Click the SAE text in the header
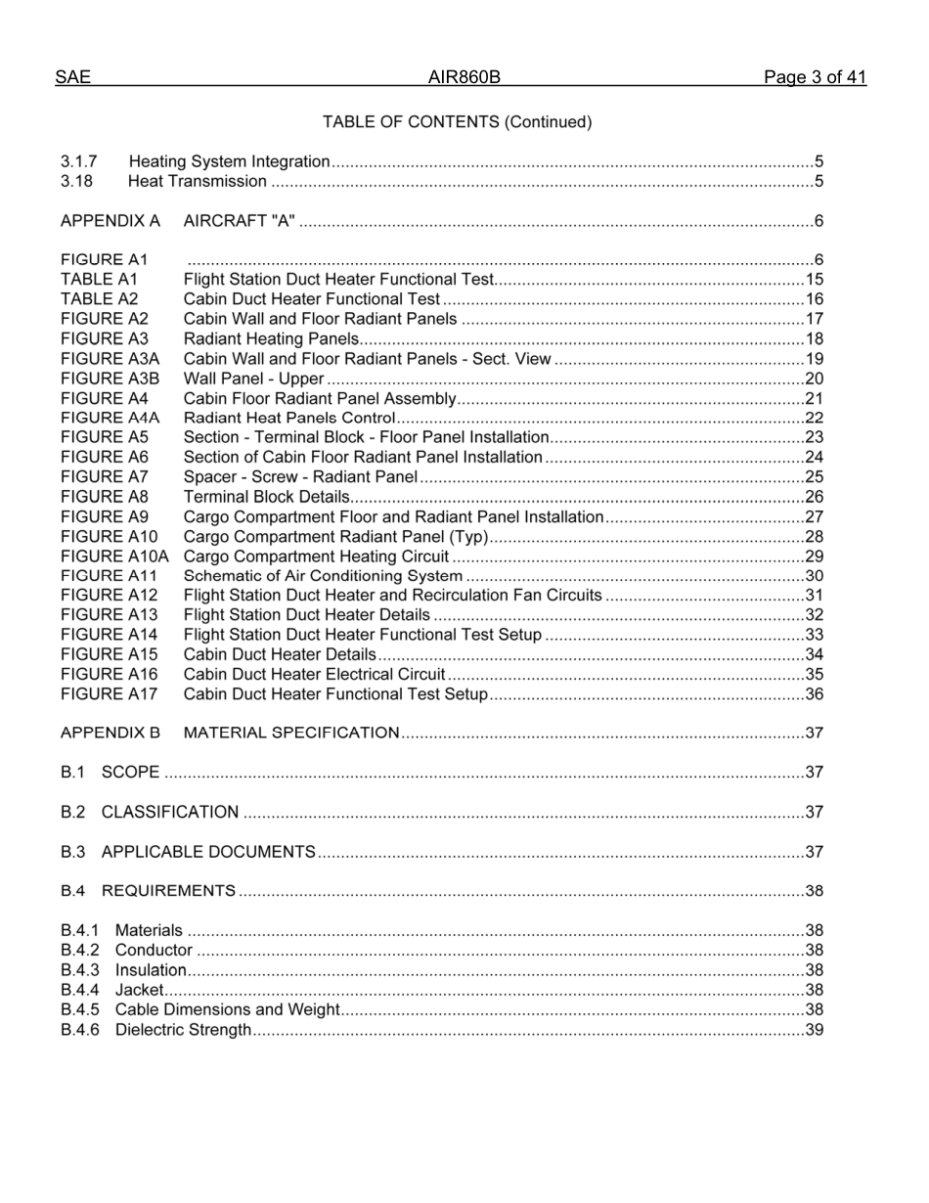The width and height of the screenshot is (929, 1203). coord(72,77)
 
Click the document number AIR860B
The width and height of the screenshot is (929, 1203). coord(464,77)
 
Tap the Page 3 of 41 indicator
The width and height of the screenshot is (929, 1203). coord(815,77)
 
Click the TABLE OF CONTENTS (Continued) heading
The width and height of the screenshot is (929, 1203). coord(457,122)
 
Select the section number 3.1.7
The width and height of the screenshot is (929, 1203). coord(78,161)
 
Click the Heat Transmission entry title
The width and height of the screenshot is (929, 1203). coord(197,181)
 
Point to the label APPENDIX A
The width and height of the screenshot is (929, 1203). coord(110,221)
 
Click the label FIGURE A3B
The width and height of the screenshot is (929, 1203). coord(110,379)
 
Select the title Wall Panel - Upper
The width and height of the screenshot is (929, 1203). coord(253,379)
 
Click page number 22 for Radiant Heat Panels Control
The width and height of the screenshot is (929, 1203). coord(814,418)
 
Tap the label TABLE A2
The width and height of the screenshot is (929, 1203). coord(99,299)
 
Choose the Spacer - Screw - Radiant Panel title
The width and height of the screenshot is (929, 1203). coord(300,477)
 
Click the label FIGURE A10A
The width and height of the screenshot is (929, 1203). coord(114,557)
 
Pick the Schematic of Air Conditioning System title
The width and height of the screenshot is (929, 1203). coord(323,576)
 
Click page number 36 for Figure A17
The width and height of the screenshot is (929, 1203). coord(814,694)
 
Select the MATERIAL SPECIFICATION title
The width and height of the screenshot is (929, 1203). coord(291,733)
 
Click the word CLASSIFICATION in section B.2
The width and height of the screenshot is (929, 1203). coord(170,812)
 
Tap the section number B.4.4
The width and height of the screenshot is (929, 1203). coord(80,990)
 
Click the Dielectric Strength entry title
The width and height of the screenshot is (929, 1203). coord(183,1030)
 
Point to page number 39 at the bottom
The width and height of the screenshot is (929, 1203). coord(814,1030)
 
